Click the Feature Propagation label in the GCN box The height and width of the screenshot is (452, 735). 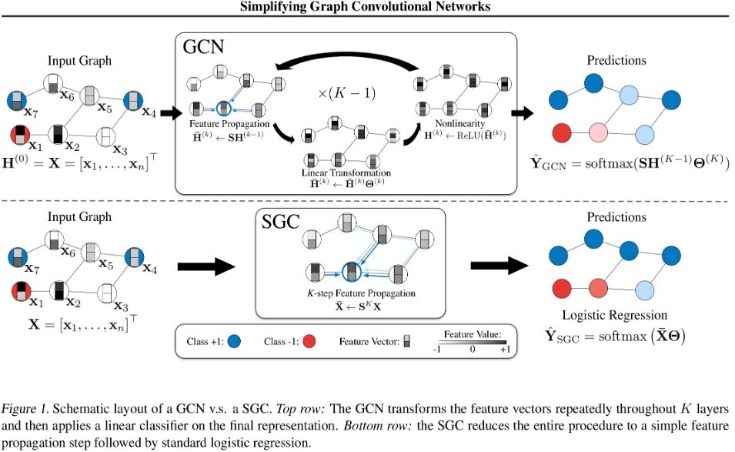230,123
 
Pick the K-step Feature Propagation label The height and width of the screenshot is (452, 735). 349,293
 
